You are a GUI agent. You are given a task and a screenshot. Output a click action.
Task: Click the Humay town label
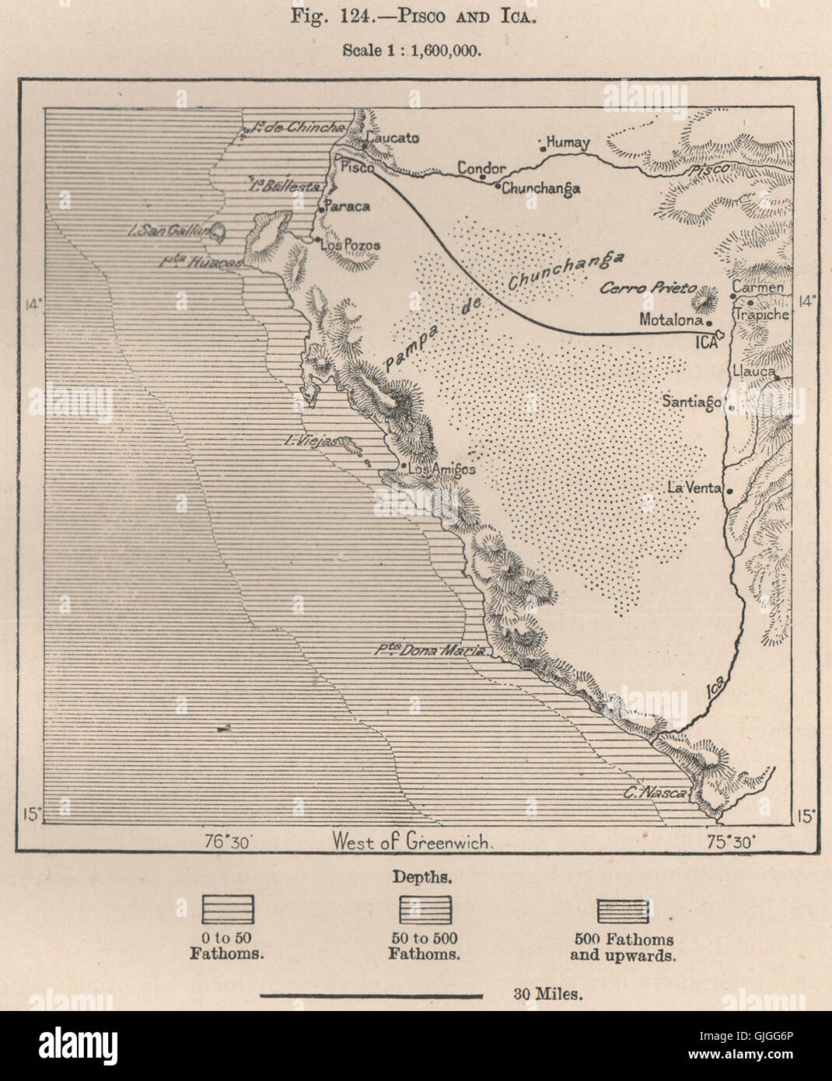tap(568, 143)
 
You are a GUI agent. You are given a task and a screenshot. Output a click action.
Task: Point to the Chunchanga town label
tap(541, 188)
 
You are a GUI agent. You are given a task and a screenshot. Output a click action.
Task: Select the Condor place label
tap(481, 168)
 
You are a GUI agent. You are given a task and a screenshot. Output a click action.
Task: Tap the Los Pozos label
tap(351, 245)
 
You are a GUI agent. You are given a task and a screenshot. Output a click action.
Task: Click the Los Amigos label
tap(442, 469)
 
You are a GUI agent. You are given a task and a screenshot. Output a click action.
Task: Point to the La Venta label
tap(694, 488)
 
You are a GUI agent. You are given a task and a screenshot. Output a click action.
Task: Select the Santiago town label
tap(690, 401)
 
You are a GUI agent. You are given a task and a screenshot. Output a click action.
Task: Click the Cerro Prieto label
tap(648, 288)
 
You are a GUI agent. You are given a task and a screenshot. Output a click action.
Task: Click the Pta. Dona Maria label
tap(430, 651)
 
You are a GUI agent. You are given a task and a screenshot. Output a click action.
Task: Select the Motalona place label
tap(671, 319)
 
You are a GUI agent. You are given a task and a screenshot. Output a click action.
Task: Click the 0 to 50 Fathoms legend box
tap(228, 909)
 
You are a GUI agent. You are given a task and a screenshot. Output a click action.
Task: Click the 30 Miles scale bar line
tap(371, 995)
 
